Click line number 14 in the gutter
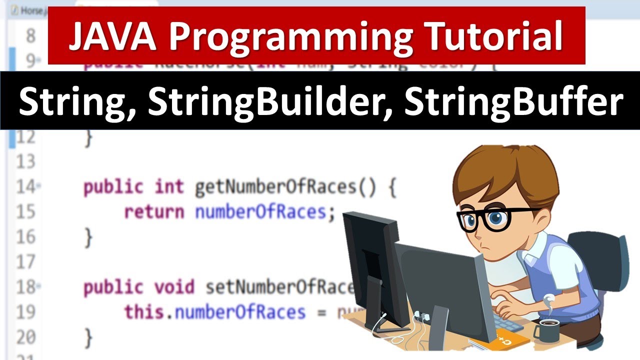(25, 187)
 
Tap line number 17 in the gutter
(25, 262)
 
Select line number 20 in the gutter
(25, 337)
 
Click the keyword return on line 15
(154, 212)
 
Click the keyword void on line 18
(174, 287)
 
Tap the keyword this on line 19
(144, 312)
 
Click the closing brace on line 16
(88, 237)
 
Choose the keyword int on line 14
(169, 187)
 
